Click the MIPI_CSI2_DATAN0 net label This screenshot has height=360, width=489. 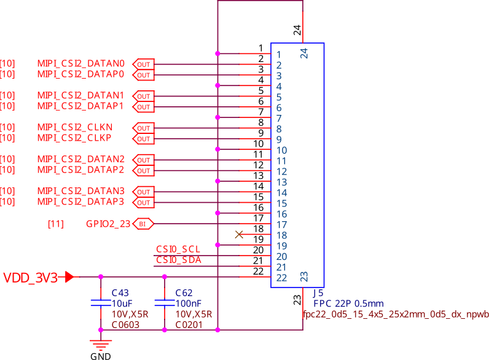pos(80,63)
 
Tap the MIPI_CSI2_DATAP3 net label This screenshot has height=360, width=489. pos(80,202)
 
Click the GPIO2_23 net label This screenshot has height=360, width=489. pos(108,224)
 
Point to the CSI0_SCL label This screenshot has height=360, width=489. pos(178,249)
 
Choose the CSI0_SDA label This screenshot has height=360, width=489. pos(178,260)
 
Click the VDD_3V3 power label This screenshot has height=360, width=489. pos(31,277)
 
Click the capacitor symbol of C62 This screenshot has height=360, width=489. pos(164,303)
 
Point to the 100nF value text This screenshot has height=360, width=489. pos(188,303)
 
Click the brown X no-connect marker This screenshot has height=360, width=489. pos(240,234)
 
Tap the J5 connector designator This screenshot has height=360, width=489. pos(318,293)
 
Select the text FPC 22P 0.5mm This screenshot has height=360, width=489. pos(348,303)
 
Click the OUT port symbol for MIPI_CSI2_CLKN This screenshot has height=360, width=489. pos(143,128)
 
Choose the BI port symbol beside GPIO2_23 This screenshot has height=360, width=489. pos(143,224)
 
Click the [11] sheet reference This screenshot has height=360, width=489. pos(55,224)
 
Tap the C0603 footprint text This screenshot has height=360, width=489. pos(125,324)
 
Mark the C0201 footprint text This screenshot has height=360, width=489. pos(189,324)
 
